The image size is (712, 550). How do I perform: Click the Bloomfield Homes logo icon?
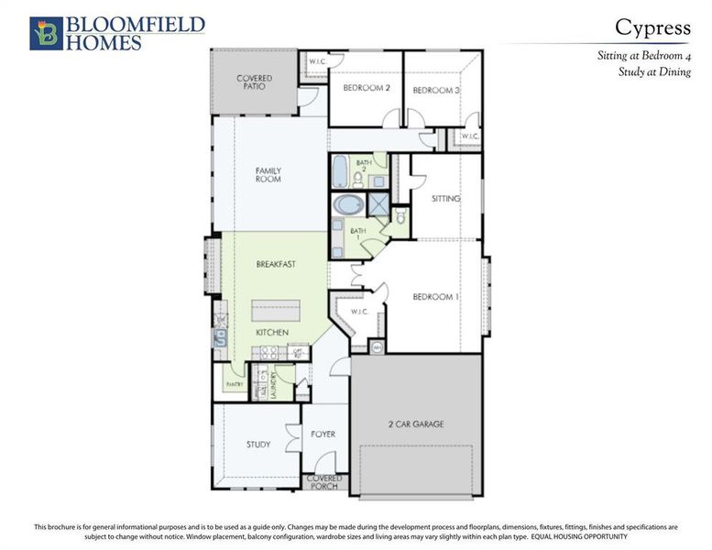[x=45, y=32]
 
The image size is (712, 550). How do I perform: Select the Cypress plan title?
[x=652, y=27]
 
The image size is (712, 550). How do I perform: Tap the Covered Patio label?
[x=254, y=82]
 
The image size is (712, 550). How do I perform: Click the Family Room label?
[x=268, y=175]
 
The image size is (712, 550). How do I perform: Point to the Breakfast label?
[x=275, y=264]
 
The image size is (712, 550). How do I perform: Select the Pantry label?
[x=234, y=385]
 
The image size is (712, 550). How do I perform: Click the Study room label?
[x=258, y=445]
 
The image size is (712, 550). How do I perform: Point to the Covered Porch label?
[x=324, y=482]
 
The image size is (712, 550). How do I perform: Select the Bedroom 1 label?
[x=435, y=298]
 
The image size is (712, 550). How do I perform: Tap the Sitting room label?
[x=445, y=199]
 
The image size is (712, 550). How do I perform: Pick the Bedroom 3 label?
[x=436, y=90]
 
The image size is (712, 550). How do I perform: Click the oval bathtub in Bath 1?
[x=348, y=203]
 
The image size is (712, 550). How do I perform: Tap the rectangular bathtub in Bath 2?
[x=339, y=170]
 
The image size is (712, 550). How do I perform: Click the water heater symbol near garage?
[x=377, y=346]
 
